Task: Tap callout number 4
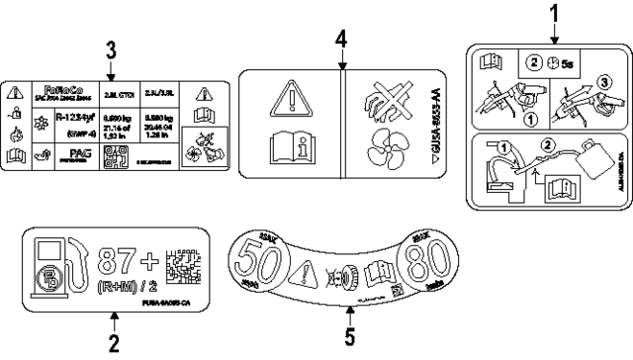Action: (340, 40)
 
